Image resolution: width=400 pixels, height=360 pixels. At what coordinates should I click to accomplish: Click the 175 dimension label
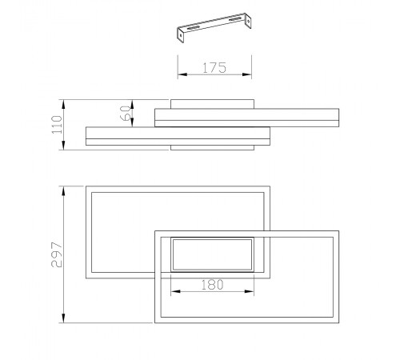pyautogui.click(x=212, y=68)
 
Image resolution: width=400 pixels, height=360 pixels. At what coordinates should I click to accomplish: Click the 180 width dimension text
pyautogui.click(x=212, y=284)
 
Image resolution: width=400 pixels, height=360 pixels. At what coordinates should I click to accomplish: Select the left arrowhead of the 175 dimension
pyautogui.click(x=179, y=75)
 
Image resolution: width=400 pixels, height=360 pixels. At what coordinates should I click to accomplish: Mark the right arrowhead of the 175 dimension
pyautogui.click(x=250, y=75)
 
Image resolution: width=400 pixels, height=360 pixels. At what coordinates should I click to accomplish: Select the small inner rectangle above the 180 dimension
pyautogui.click(x=213, y=255)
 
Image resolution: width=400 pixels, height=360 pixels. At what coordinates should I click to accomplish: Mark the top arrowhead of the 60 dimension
pyautogui.click(x=132, y=103)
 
